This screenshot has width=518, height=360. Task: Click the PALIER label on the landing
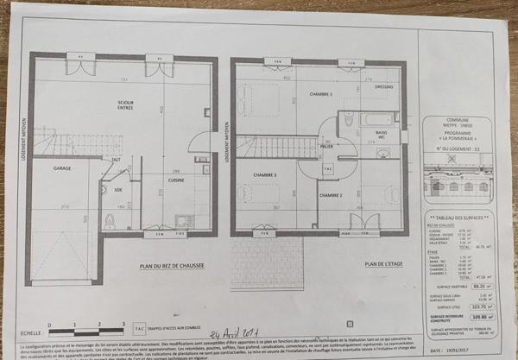[327, 148]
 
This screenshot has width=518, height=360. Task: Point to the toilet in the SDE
[110, 221]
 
